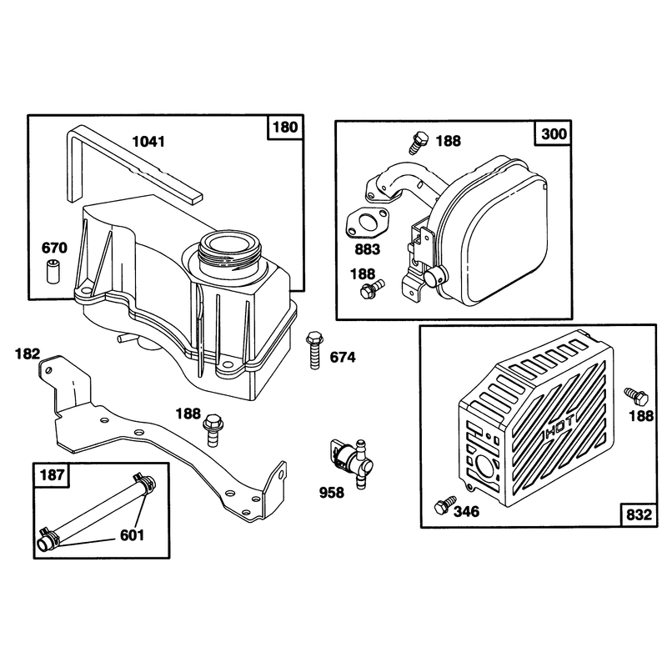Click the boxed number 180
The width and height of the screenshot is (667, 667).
(285, 128)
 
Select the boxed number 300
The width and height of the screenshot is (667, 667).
(554, 133)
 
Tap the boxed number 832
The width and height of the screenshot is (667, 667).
(639, 514)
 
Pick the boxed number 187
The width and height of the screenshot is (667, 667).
(52, 474)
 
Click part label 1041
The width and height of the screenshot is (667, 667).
(148, 141)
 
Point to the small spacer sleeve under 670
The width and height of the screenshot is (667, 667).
(52, 270)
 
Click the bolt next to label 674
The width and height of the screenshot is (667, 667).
(315, 350)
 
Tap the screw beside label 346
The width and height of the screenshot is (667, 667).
(444, 505)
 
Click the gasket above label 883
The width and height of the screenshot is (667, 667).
(364, 223)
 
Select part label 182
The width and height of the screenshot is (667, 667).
(28, 354)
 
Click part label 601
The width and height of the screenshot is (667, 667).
(132, 535)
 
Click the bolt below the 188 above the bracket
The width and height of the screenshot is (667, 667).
(212, 430)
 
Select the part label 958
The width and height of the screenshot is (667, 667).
(331, 493)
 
